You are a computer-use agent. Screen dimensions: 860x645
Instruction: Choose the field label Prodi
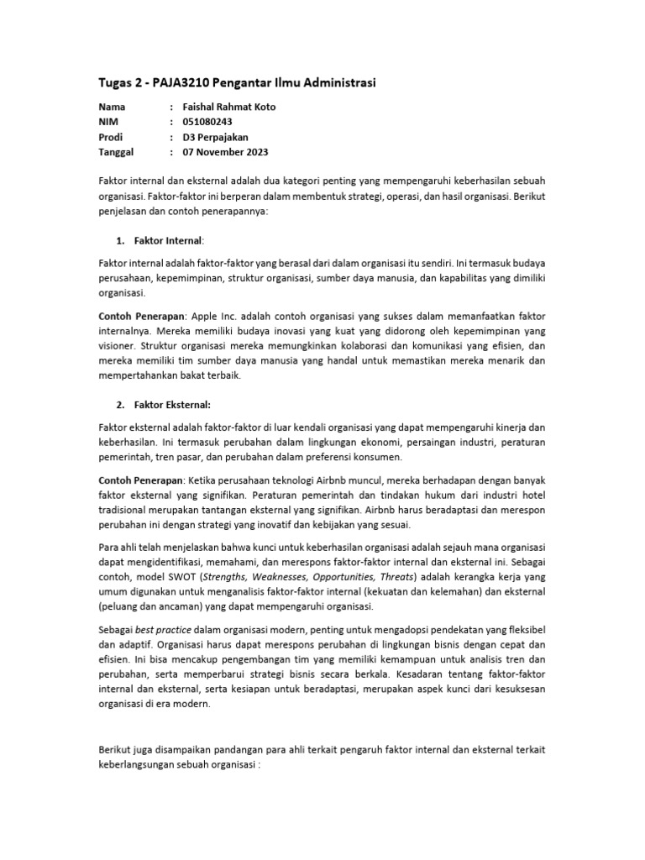(x=111, y=137)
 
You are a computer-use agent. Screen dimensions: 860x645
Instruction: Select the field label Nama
(x=112, y=107)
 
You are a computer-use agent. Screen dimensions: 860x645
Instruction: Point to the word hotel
(x=531, y=496)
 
